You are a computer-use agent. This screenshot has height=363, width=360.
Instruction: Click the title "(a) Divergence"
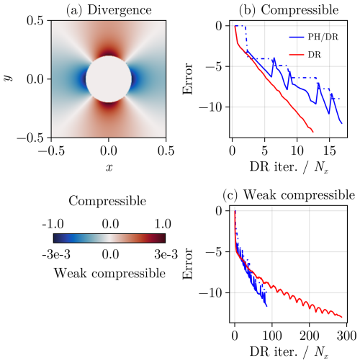point(109,10)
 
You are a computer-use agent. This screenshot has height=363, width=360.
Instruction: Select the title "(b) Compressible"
point(289,10)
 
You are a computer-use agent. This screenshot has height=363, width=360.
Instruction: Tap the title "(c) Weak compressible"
point(289,195)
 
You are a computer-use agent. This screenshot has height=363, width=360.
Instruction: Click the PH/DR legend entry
point(314,37)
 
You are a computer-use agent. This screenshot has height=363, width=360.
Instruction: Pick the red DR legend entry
point(305,55)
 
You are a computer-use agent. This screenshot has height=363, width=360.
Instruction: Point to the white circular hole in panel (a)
point(109,79)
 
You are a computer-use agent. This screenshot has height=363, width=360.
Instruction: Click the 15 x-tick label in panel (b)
point(330,151)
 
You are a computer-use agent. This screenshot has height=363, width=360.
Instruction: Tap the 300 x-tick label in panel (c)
point(346,336)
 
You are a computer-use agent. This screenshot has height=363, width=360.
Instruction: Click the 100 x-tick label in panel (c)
point(272,336)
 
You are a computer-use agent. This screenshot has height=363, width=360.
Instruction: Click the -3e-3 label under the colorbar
point(56,254)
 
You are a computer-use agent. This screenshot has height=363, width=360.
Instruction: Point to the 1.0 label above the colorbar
point(163,224)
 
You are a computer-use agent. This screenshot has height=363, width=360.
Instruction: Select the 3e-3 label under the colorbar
point(166,254)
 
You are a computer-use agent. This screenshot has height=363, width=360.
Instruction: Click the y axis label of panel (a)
point(8,78)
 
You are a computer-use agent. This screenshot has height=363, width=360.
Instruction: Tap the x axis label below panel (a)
point(109,168)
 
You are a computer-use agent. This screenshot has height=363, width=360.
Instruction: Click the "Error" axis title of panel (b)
point(187,79)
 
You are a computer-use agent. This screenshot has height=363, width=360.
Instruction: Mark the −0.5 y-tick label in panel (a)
point(30,138)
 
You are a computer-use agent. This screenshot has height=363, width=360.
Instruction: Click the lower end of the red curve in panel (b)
point(313,132)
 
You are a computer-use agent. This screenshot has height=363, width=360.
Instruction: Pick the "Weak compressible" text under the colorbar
point(110,274)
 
